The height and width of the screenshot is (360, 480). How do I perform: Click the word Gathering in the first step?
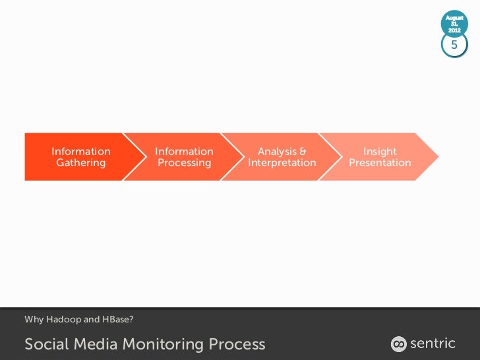pos(80,163)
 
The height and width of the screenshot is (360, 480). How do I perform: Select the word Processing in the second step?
pos(184,163)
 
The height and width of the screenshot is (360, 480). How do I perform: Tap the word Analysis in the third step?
pos(277,152)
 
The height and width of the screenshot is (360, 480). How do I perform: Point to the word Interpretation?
pos(282,163)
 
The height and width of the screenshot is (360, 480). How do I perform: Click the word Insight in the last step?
pos(380,152)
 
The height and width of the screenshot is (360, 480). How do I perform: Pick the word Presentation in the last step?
pos(380,163)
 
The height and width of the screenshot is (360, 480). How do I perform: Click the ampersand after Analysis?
pos(303,152)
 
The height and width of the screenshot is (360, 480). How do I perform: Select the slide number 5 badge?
pos(454,45)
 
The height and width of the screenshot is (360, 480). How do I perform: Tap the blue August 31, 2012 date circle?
pos(454,23)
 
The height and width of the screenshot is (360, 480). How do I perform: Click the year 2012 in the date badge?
pos(454,30)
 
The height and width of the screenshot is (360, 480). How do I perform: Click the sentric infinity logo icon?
pos(398,344)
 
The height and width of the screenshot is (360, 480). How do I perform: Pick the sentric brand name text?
pos(433,343)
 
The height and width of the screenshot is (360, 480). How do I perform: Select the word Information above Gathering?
pos(80,152)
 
